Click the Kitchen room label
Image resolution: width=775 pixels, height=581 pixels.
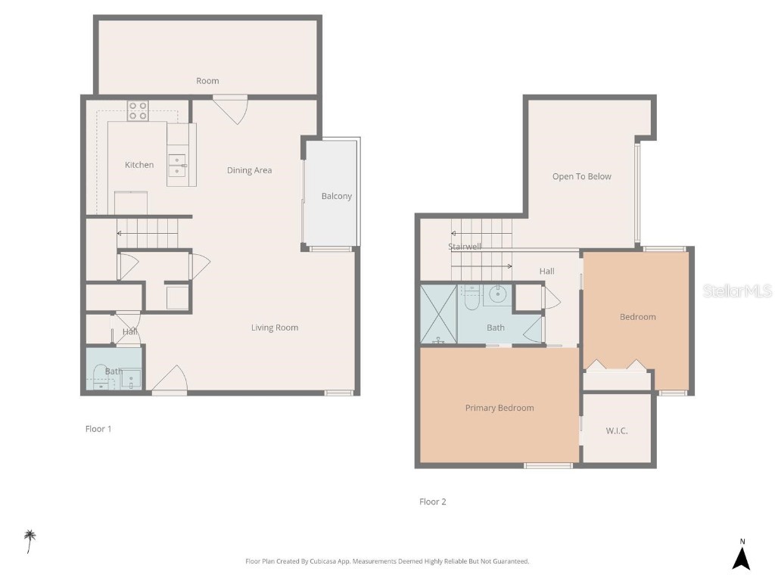click(139, 165)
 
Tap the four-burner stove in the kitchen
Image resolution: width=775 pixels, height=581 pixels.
click(138, 111)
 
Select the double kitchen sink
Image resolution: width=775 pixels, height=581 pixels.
click(176, 166)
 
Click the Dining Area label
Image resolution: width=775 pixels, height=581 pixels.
click(249, 170)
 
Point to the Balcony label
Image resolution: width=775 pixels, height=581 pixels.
click(337, 196)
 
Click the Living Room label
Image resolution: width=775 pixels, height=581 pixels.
click(275, 328)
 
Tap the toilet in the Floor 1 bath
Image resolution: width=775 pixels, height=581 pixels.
click(100, 374)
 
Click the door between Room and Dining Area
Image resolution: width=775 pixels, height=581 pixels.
click(230, 107)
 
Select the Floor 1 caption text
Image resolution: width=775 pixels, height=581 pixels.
click(98, 429)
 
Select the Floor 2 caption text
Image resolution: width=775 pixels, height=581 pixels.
click(433, 502)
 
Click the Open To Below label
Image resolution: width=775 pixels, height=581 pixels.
click(581, 176)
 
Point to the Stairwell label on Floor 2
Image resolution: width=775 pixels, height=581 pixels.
click(465, 247)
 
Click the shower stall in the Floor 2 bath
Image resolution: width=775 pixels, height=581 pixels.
click(438, 314)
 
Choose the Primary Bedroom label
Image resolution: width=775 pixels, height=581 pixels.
click(500, 408)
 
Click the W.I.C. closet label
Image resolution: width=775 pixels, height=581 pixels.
click(617, 430)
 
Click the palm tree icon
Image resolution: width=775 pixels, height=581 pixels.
click(30, 540)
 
